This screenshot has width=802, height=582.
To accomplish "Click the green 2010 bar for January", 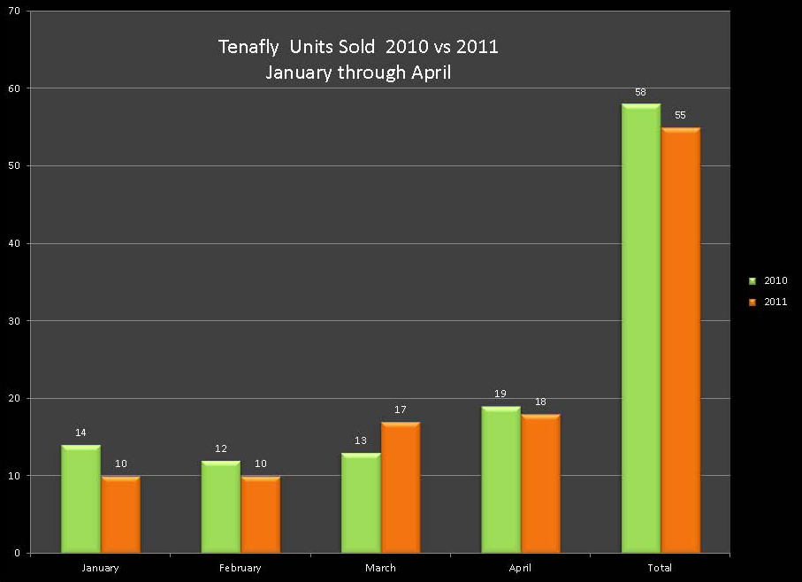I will pos(80,499).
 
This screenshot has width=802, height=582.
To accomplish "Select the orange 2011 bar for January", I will pos(120,515).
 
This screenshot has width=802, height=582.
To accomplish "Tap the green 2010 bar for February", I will pos(221,507).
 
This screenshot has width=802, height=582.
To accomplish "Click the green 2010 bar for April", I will pos(500,479).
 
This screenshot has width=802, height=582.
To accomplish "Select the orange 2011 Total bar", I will pos(680,341).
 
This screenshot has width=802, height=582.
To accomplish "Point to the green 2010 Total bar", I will pos(641,328).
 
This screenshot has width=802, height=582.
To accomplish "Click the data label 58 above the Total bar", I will pos(641,92).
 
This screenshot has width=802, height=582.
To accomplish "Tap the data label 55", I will pos(680,115).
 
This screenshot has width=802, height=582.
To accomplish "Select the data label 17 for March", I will pos(401,410).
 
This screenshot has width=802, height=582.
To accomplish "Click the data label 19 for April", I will pos(500,394).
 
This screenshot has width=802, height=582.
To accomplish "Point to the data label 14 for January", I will pos(80,433).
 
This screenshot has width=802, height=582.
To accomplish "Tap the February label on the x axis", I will pos(241,568).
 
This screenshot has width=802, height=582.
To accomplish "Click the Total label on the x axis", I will pos(661,568).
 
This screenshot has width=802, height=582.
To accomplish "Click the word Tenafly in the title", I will pos(248,47).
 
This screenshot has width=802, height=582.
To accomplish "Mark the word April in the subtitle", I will pos(432,73).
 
